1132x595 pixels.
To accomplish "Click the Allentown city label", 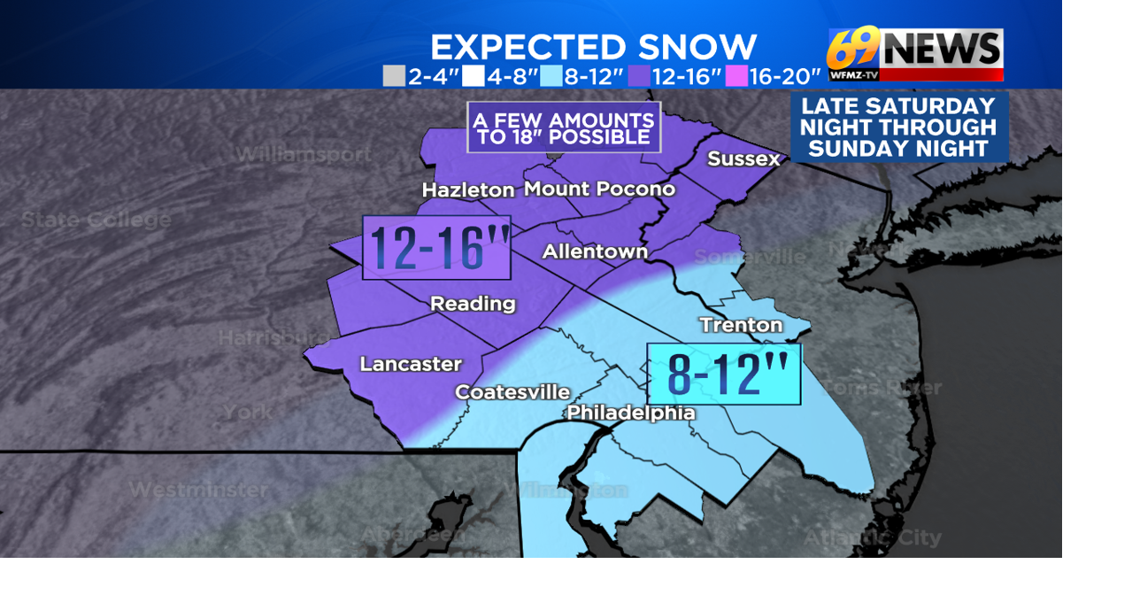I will click(x=595, y=251).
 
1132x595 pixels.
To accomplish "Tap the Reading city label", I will click(x=473, y=304).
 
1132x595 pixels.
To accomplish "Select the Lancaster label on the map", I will click(x=411, y=364).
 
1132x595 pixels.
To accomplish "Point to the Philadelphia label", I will click(x=631, y=413).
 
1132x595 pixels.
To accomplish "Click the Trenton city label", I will click(x=741, y=325).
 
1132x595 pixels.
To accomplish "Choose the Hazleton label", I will click(x=468, y=190).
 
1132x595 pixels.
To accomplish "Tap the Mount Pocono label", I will click(x=599, y=189).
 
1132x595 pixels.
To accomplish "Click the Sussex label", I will click(x=743, y=159).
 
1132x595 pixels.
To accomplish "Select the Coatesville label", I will click(x=512, y=391).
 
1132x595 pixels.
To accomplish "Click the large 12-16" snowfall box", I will click(x=436, y=248).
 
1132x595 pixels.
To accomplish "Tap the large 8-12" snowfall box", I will click(x=724, y=375).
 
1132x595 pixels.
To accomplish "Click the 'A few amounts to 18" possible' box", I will click(x=564, y=128).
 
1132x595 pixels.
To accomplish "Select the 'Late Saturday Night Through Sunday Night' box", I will click(x=898, y=127).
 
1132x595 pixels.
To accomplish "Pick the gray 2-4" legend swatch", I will click(x=394, y=77).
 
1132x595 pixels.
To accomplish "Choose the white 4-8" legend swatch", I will click(x=474, y=77).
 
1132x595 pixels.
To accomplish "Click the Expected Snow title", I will click(x=593, y=47).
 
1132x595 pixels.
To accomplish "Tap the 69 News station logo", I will click(x=915, y=54).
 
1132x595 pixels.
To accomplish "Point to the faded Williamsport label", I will click(x=304, y=154).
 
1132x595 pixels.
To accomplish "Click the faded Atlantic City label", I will click(x=872, y=537).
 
